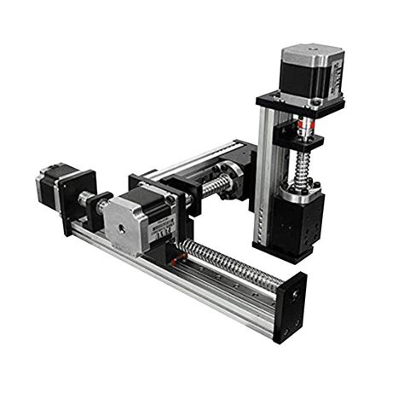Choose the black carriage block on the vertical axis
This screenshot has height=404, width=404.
click(300, 223)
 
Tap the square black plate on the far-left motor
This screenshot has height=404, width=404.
click(78, 199)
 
